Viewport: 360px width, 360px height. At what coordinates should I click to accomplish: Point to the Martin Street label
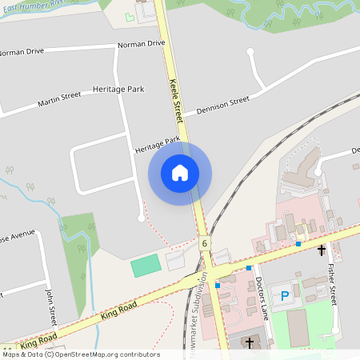[x=59, y=99]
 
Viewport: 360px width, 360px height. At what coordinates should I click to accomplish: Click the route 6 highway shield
[x=205, y=243]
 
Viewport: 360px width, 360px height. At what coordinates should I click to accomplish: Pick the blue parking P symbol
[x=285, y=296]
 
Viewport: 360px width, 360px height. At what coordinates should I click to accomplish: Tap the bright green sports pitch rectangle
[x=146, y=266]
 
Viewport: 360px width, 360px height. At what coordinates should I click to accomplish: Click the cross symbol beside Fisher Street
[x=322, y=250]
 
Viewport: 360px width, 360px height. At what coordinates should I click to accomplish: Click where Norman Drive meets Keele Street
[x=167, y=42]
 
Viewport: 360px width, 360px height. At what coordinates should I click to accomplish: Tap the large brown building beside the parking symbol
[x=298, y=327]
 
